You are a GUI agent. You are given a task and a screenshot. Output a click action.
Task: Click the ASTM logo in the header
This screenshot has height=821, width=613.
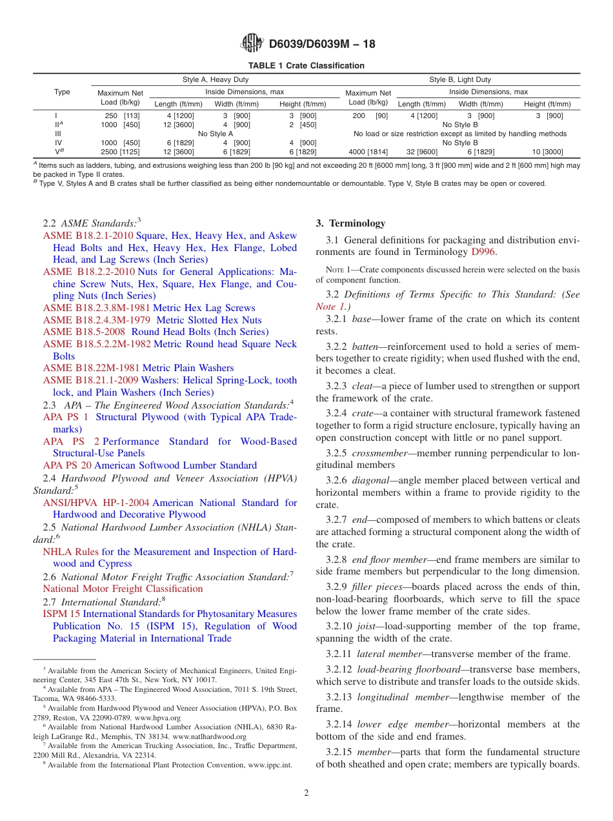point(252,43)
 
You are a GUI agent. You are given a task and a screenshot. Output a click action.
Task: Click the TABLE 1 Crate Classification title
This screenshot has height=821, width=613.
point(306,66)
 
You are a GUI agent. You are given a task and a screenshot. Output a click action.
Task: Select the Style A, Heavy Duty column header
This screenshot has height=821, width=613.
point(216,80)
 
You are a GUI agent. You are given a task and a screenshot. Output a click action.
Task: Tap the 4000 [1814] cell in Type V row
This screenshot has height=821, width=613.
point(368,152)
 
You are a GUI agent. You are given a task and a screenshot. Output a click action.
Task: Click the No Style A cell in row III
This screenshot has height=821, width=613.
point(216,134)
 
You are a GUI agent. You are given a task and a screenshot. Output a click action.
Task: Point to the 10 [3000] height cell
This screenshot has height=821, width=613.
point(547,152)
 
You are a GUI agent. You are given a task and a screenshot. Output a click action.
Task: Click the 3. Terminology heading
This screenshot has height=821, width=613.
point(350,223)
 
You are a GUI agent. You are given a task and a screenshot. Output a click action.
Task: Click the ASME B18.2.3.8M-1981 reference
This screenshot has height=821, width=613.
point(96,308)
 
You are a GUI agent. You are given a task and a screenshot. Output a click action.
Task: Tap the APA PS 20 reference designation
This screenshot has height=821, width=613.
point(67,465)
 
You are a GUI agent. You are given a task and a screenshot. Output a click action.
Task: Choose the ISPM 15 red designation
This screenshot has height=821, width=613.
point(61,614)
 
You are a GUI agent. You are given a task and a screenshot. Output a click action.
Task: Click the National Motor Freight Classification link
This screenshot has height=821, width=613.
point(123,589)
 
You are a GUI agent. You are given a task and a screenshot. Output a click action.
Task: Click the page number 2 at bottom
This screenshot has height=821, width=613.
point(306,793)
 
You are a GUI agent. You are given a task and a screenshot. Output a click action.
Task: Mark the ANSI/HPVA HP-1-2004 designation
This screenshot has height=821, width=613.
point(96,503)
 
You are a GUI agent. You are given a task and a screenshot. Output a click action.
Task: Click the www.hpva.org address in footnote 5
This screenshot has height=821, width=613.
point(159,718)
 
